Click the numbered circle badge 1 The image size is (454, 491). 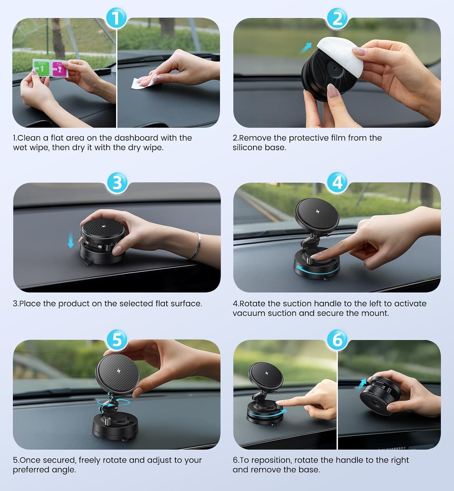[x=116, y=18]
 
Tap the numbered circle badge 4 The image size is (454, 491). [x=337, y=183]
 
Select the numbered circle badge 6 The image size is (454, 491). [x=337, y=340]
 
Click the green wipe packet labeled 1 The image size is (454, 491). [x=41, y=68]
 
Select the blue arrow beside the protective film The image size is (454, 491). [x=306, y=48]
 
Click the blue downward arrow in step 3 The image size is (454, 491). [x=71, y=240]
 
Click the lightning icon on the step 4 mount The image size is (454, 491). [x=318, y=212]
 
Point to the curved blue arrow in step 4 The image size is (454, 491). [x=317, y=271]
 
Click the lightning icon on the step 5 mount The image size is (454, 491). [x=119, y=371]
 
